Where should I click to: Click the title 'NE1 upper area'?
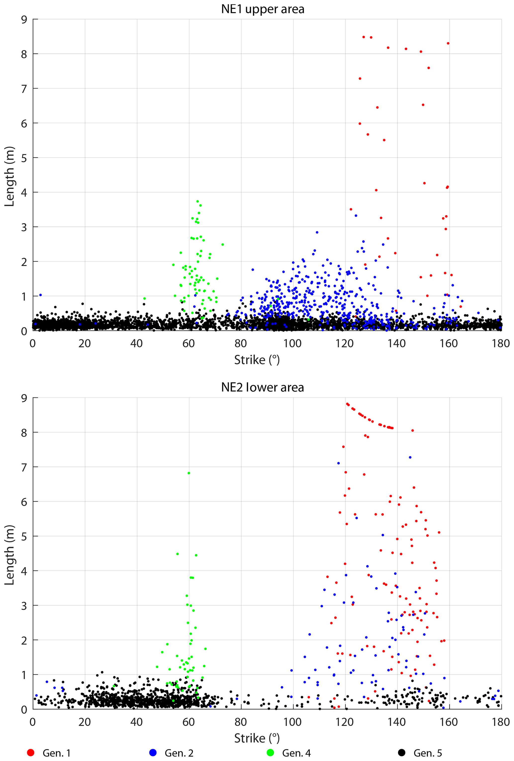pyautogui.click(x=263, y=9)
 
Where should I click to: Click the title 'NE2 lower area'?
pyautogui.click(x=263, y=387)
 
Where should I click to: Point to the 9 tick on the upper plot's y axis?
pyautogui.click(x=24, y=20)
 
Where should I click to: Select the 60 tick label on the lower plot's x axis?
pyautogui.click(x=188, y=722)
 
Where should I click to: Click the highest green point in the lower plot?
pyautogui.click(x=188, y=473)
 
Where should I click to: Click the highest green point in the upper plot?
pyautogui.click(x=197, y=201)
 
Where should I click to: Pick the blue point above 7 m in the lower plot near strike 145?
pyautogui.click(x=410, y=457)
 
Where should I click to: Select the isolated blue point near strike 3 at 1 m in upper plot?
pyautogui.click(x=41, y=295)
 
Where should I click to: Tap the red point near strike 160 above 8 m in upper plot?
pyautogui.click(x=448, y=43)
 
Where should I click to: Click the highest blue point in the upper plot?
pyautogui.click(x=356, y=215)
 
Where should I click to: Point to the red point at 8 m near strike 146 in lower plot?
pyautogui.click(x=413, y=430)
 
